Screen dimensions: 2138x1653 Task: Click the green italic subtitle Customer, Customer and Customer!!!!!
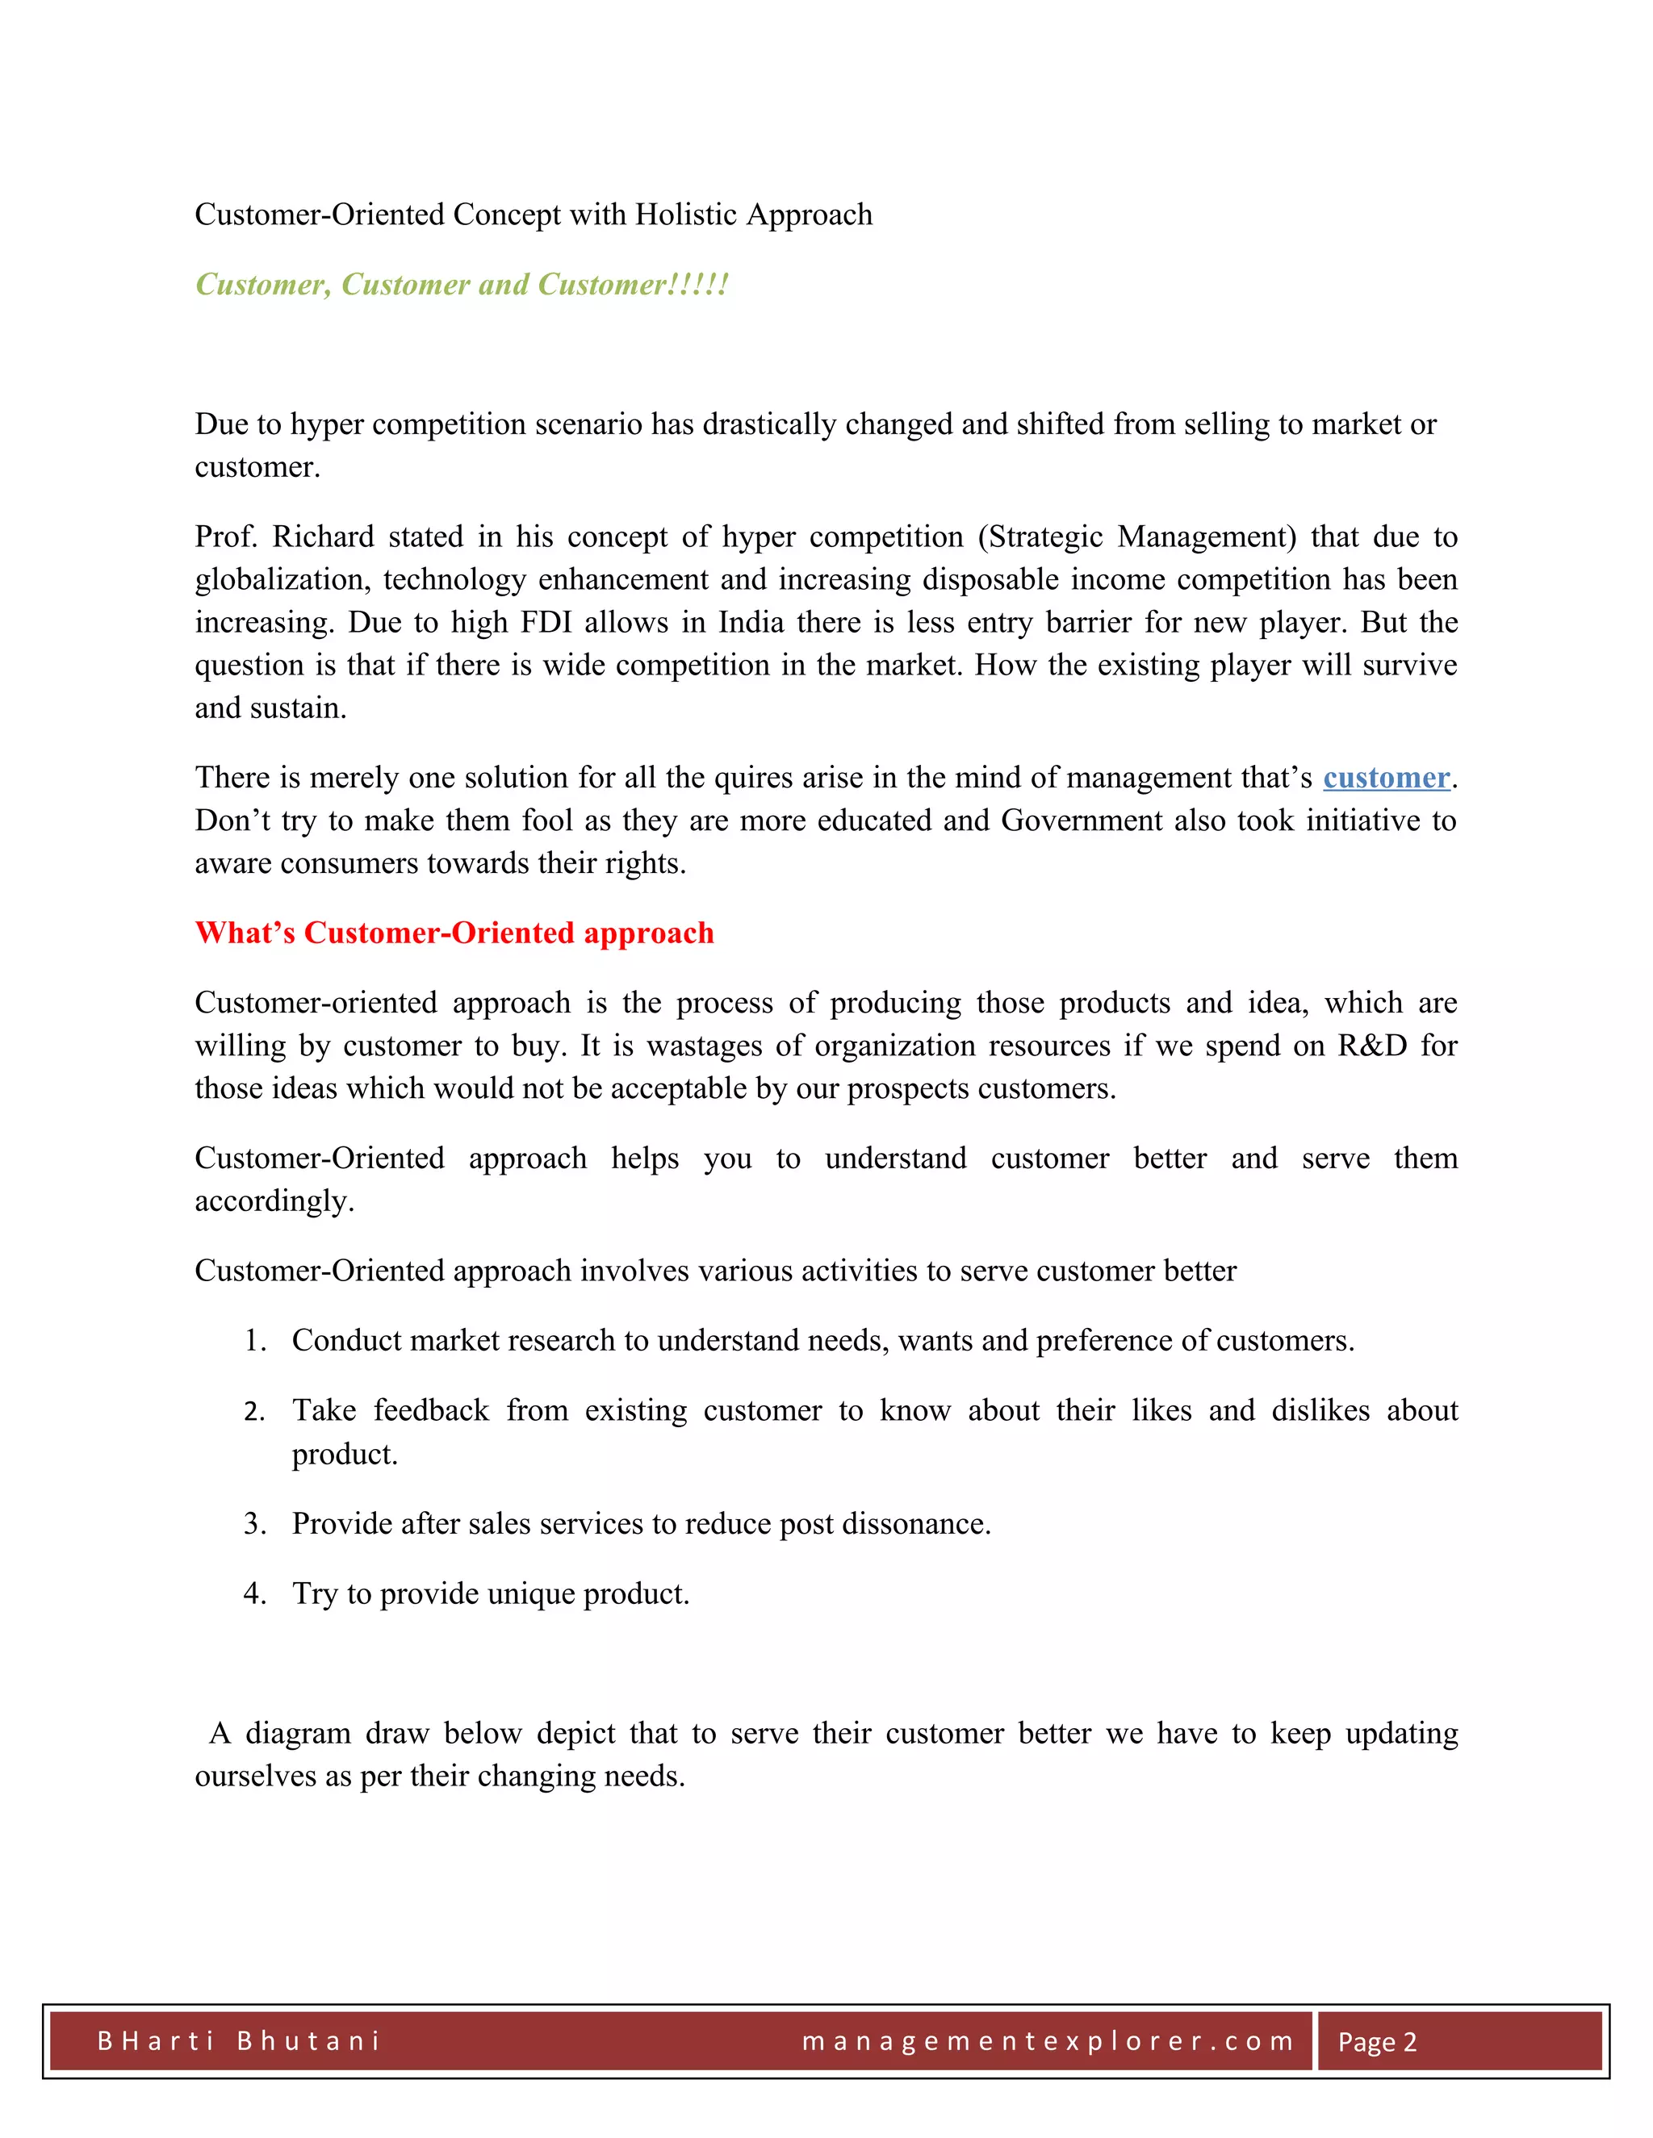click(x=461, y=284)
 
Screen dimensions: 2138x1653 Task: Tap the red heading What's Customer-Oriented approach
click(x=454, y=933)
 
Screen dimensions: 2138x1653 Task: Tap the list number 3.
click(x=253, y=1524)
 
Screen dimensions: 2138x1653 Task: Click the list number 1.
click(x=253, y=1341)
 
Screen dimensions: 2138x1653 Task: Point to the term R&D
click(x=1372, y=1046)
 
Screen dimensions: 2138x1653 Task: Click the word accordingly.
click(x=274, y=1201)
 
